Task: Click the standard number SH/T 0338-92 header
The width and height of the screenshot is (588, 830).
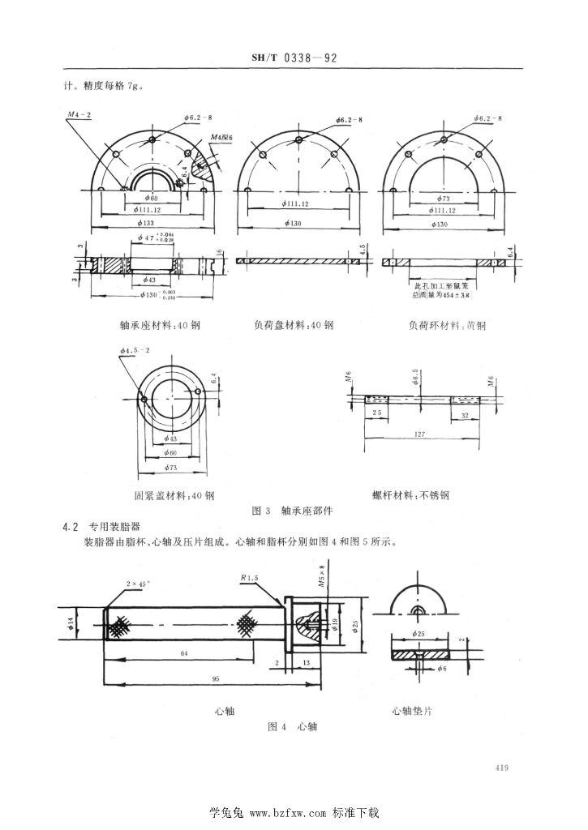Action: (x=294, y=58)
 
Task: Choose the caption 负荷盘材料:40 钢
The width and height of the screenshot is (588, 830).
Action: (x=293, y=326)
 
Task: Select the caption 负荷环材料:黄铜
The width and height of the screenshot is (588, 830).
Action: (x=447, y=326)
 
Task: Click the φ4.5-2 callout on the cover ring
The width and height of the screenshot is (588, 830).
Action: (x=132, y=350)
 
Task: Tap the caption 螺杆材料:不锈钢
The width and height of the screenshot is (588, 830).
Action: (x=422, y=494)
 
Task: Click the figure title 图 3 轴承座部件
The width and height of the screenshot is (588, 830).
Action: (x=293, y=511)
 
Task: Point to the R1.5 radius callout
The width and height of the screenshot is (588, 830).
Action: (x=250, y=578)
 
